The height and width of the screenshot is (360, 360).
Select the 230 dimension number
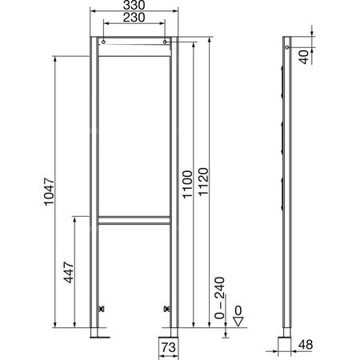pos(134,19)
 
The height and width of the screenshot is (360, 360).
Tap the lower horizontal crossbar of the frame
pos(134,220)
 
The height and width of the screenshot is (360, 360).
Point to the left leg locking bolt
pos(100,308)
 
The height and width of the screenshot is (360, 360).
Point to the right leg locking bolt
pos(168,308)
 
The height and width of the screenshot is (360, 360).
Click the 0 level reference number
pos(238,309)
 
